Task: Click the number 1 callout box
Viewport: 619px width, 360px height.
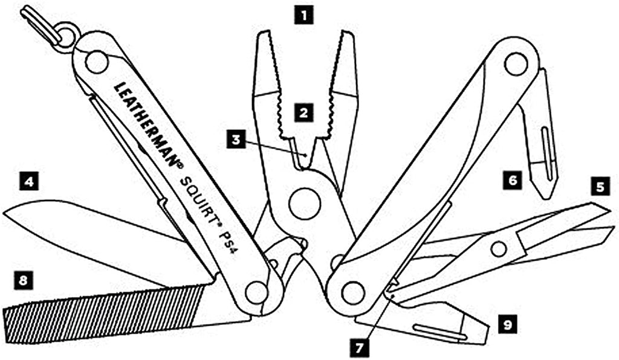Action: click(x=303, y=16)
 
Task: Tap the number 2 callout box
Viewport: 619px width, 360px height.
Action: click(x=303, y=114)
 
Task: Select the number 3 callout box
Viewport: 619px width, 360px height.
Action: click(x=236, y=140)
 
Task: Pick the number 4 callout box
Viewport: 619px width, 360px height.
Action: click(x=28, y=182)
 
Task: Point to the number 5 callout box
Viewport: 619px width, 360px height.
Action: click(x=600, y=186)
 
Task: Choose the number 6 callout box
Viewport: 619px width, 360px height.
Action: click(x=513, y=180)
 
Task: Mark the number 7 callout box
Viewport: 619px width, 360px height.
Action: click(x=359, y=348)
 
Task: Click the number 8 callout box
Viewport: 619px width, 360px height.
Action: click(x=23, y=281)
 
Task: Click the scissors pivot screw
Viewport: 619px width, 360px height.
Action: click(x=499, y=249)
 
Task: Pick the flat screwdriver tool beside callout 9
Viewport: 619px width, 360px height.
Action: click(x=426, y=323)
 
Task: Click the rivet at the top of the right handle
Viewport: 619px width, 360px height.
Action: click(x=516, y=65)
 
